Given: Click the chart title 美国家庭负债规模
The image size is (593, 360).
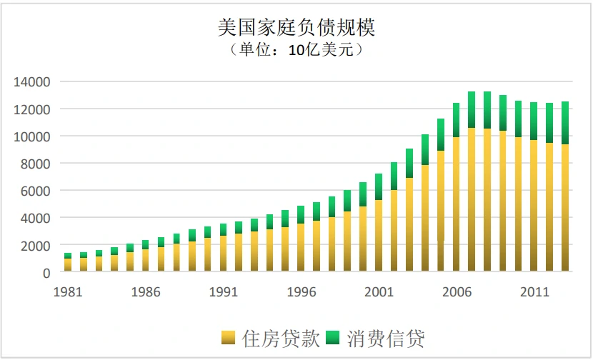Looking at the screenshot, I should pyautogui.click(x=296, y=27).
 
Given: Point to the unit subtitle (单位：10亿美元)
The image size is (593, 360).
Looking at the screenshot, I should pyautogui.click(x=296, y=51).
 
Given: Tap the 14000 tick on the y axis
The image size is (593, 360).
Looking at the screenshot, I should pyautogui.click(x=32, y=81).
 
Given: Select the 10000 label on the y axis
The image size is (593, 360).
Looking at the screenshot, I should pyautogui.click(x=32, y=136).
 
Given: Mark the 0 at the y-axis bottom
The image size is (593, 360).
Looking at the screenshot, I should pyautogui.click(x=46, y=273).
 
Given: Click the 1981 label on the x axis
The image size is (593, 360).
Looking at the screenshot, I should pyautogui.click(x=67, y=292).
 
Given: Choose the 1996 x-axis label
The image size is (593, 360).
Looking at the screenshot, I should pyautogui.click(x=301, y=292).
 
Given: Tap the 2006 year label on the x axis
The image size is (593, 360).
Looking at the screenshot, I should pyautogui.click(x=456, y=292).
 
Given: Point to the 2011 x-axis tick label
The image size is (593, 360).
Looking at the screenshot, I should pyautogui.click(x=534, y=292).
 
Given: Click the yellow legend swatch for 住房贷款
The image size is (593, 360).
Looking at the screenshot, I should pyautogui.click(x=229, y=338).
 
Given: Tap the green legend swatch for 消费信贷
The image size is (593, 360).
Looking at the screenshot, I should pyautogui.click(x=334, y=338).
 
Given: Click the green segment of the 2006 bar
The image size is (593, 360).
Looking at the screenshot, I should pyautogui.click(x=456, y=120).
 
